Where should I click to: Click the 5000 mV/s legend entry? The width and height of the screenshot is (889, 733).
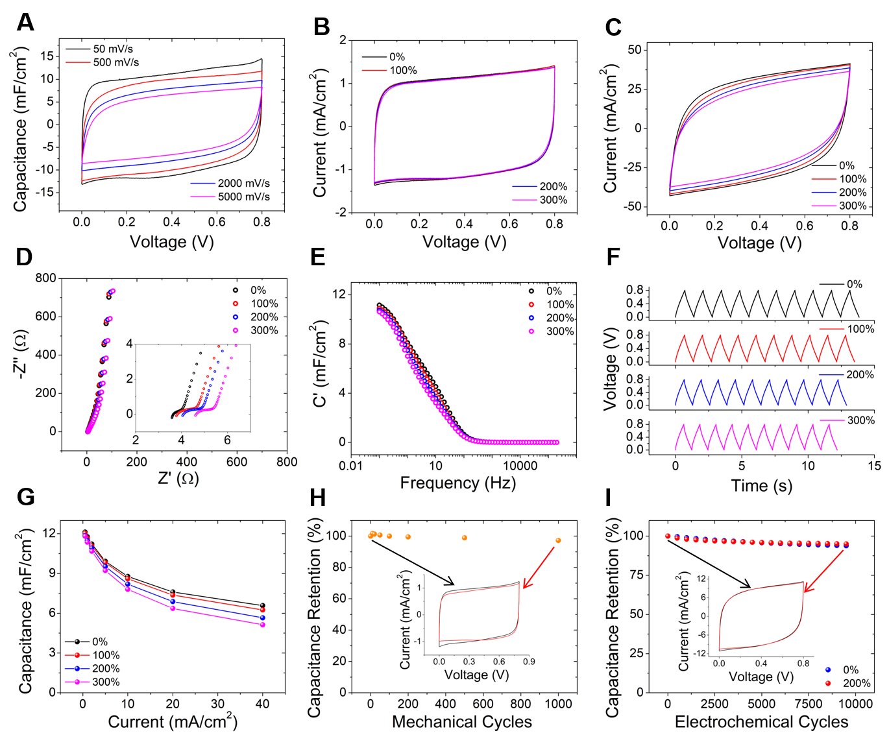243,197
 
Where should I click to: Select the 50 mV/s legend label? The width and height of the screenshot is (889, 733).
113,49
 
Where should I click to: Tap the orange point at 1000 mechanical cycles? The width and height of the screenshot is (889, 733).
557,540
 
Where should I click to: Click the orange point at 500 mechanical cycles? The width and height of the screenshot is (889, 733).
464,538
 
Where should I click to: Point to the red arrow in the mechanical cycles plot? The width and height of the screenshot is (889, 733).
539,568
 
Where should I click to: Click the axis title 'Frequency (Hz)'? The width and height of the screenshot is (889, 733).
457,483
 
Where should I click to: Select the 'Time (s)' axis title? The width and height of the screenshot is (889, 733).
761,485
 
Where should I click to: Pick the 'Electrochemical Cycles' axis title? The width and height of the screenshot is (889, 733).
761,722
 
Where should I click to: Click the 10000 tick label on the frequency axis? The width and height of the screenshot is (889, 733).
520,465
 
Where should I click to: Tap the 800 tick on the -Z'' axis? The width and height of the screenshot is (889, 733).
46,278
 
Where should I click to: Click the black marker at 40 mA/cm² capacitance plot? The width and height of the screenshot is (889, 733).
263,605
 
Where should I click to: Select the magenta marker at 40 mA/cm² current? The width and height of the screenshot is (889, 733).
263,624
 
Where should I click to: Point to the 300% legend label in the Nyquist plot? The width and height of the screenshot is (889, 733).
264,331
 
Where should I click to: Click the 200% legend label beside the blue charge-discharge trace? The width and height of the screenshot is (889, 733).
860,374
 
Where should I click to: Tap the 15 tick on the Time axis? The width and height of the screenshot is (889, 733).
874,465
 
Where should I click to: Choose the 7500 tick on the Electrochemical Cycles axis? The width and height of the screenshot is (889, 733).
809,704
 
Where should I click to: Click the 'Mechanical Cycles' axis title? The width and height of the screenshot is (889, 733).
461,722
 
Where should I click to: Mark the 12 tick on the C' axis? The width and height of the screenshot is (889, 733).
339,294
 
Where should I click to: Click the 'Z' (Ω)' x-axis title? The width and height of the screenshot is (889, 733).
178,479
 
